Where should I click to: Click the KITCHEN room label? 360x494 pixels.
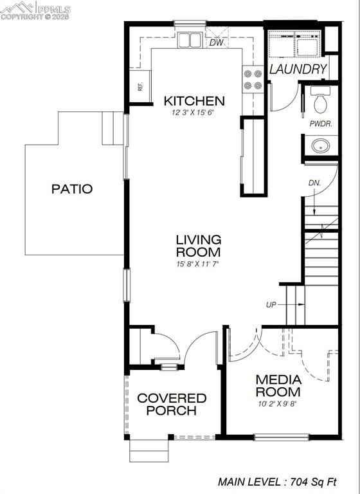(194, 101)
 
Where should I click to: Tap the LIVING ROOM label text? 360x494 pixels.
(198, 246)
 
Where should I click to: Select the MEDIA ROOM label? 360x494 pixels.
(278, 386)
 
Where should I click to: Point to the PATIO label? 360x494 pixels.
(72, 189)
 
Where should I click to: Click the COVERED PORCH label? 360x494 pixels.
(172, 405)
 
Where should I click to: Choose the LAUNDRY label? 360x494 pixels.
(298, 69)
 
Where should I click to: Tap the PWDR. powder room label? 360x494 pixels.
(321, 124)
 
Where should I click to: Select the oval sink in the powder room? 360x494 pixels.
(320, 146)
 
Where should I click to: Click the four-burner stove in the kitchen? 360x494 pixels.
(252, 78)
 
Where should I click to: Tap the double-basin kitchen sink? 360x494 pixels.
(190, 41)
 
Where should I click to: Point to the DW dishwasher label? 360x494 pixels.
(216, 43)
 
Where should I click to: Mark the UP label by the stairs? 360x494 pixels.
(271, 304)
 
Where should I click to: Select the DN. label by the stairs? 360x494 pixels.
(314, 183)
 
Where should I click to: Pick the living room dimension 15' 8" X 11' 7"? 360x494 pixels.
(198, 264)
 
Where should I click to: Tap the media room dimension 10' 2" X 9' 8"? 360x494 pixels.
(278, 404)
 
